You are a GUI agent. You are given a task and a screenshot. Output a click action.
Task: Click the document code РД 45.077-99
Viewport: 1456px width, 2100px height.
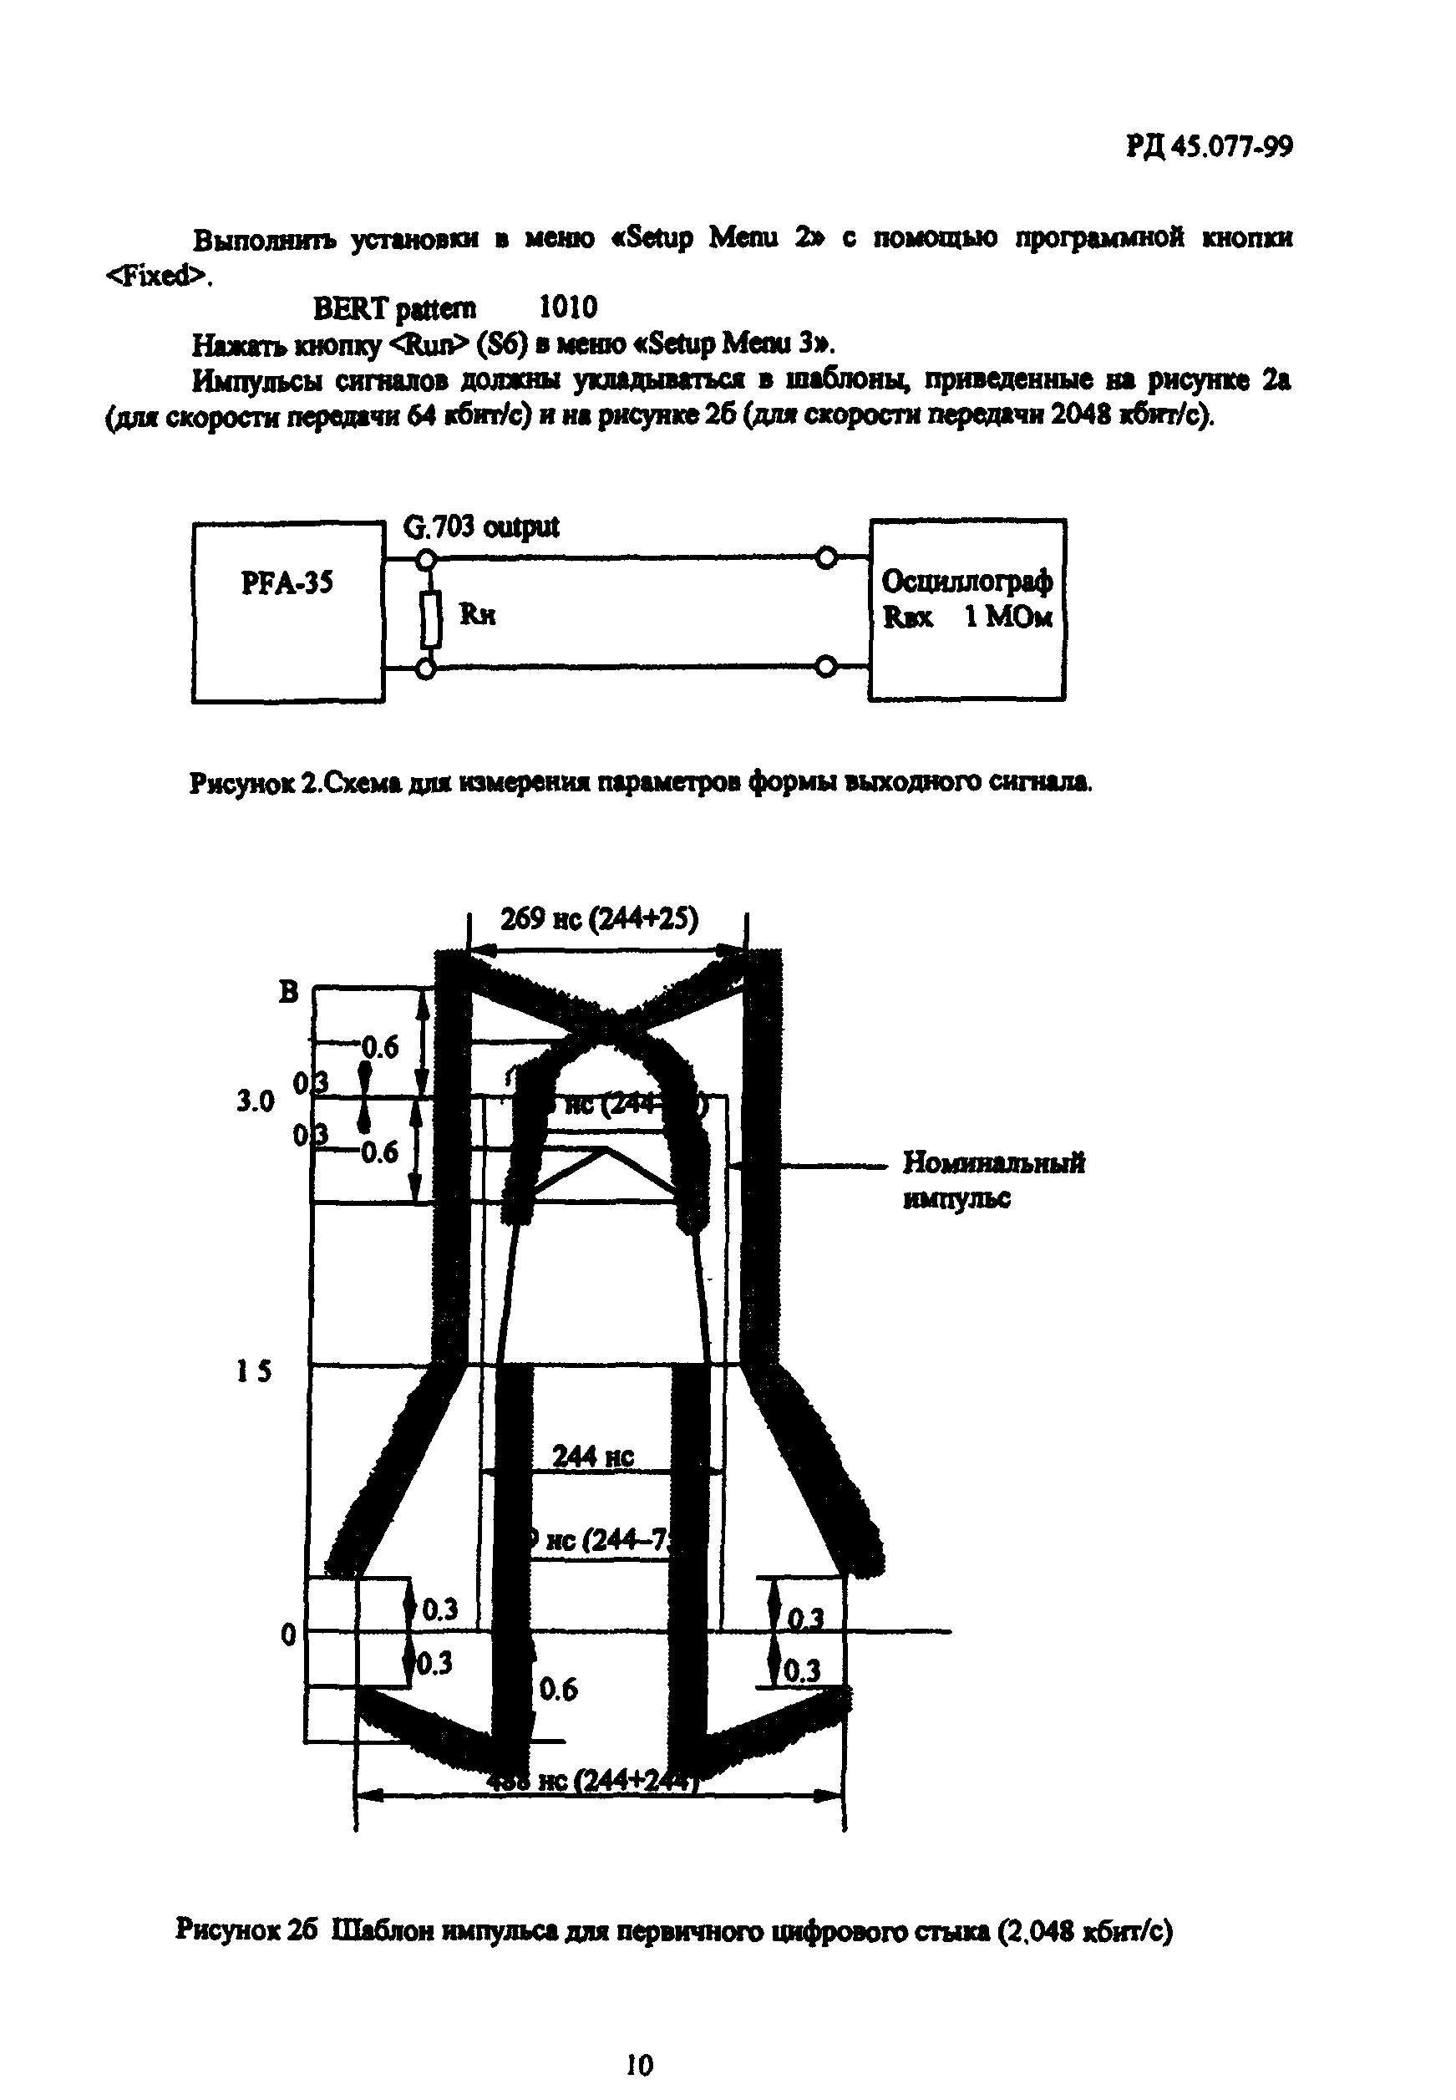(1209, 146)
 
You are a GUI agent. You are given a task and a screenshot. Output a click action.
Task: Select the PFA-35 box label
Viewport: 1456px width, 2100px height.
(287, 582)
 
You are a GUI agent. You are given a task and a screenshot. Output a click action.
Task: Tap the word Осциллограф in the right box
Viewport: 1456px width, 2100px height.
(967, 581)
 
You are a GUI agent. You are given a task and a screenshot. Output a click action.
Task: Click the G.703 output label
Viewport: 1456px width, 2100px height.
(481, 527)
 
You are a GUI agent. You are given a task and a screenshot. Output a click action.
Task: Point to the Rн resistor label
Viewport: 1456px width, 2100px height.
(477, 615)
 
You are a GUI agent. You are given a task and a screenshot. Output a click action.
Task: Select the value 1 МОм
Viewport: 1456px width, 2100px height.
(1008, 617)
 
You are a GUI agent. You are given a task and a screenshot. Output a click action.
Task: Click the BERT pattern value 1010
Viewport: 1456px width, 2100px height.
(568, 308)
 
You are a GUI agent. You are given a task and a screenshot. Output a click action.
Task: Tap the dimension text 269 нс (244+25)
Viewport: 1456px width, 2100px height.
(600, 918)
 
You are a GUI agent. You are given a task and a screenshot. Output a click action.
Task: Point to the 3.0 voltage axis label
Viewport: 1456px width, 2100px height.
(256, 1101)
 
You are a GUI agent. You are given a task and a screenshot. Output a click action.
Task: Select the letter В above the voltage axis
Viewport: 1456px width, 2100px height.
(288, 992)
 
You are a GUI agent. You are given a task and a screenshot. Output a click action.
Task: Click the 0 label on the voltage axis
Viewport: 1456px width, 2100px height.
(288, 1634)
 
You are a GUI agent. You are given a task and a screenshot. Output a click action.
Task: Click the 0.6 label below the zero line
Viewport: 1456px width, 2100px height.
(557, 1690)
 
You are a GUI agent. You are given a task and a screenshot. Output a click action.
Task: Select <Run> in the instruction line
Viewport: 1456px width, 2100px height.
(427, 344)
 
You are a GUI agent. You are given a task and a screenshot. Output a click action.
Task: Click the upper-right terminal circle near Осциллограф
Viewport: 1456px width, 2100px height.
(826, 557)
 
